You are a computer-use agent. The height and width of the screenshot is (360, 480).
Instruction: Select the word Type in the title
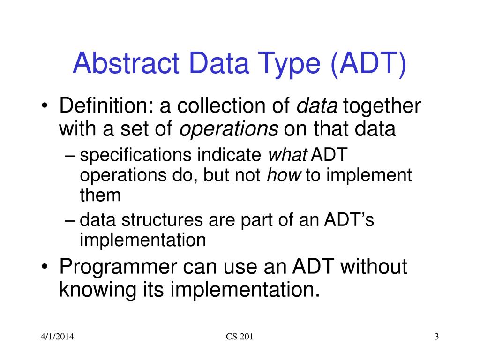(x=289, y=65)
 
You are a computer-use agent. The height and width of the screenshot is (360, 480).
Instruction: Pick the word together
(x=382, y=106)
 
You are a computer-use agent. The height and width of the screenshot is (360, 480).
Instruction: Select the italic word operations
(x=229, y=129)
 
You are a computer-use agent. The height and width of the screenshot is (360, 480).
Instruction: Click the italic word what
(x=288, y=155)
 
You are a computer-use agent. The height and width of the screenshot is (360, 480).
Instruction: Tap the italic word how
(x=284, y=175)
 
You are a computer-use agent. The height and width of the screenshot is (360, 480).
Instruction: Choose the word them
(x=100, y=195)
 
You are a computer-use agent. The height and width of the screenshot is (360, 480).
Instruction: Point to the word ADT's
(x=349, y=219)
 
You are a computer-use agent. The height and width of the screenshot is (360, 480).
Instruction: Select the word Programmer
(x=118, y=267)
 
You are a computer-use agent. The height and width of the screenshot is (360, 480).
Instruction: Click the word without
(x=374, y=266)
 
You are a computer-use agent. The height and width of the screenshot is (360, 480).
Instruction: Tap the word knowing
(x=97, y=290)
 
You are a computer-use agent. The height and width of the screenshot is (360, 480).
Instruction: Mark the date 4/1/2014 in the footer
(x=57, y=337)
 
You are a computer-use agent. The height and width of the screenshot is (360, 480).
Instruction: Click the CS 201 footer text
(x=240, y=337)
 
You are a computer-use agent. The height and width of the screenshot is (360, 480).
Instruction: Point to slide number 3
(x=436, y=337)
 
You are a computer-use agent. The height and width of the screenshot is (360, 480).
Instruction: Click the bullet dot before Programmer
(x=45, y=267)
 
